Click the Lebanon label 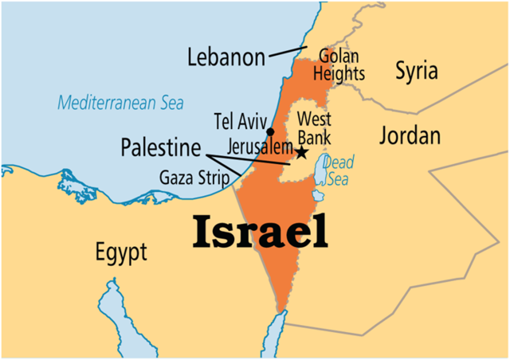(226, 57)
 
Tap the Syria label (417, 71)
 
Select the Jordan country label (410, 135)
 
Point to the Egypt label (121, 254)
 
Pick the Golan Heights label (341, 65)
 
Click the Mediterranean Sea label (120, 103)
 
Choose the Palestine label (160, 147)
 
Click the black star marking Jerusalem (302, 151)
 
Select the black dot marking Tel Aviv (271, 131)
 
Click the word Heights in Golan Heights (341, 74)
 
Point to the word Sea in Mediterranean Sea (168, 103)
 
